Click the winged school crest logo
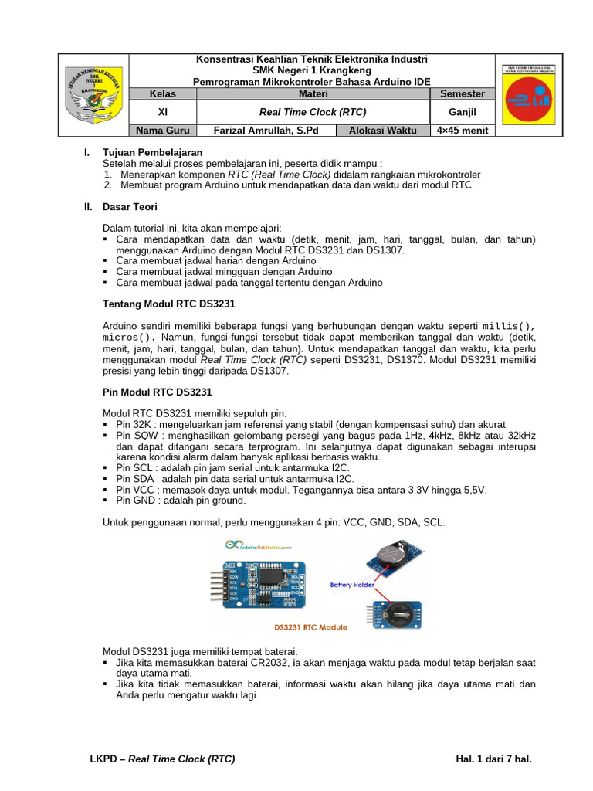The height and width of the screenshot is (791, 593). tap(95, 94)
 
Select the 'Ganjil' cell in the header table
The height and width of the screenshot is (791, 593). tap(462, 111)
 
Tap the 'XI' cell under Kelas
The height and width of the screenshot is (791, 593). tap(162, 111)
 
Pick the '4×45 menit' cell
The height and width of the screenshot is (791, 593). tap(462, 131)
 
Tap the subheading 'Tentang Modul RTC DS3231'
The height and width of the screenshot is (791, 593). tap(168, 304)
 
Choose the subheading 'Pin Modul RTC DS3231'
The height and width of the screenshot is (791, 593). tap(157, 392)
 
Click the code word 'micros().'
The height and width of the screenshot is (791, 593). tap(129, 338)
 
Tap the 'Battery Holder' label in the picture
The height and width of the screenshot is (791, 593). tap(352, 585)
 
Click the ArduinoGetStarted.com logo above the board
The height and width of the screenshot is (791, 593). tap(259, 547)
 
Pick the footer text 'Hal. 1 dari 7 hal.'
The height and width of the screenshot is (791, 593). tap(494, 759)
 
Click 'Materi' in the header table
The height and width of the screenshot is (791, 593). tap(313, 93)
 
